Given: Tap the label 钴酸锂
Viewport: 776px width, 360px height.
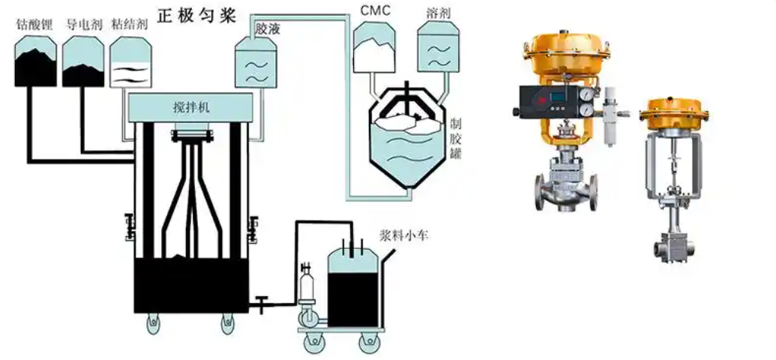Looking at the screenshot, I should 34,22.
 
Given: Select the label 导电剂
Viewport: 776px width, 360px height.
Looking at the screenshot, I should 82,22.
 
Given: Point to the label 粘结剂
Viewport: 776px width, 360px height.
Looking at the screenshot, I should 129,22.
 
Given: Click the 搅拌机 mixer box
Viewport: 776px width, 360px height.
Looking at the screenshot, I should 188,107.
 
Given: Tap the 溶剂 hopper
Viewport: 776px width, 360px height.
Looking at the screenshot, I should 438,49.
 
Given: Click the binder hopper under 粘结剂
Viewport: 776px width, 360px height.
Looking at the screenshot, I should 130,65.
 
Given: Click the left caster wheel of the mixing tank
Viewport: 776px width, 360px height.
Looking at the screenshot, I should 151,323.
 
